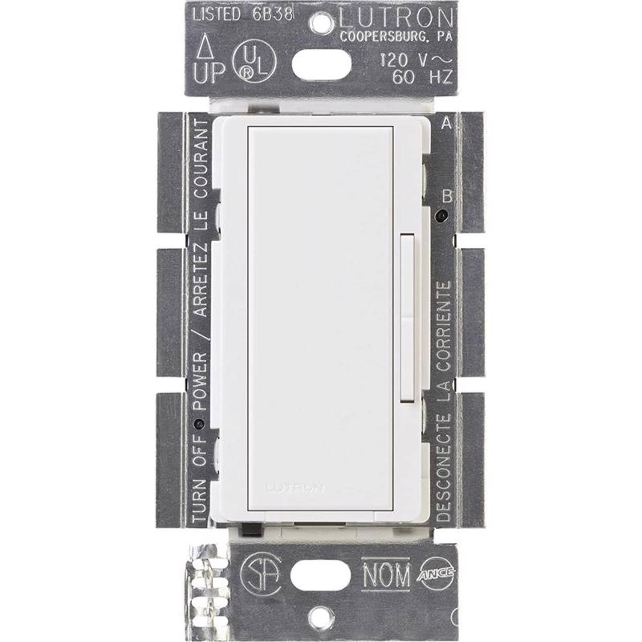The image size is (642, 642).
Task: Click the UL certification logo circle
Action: click(x=255, y=63)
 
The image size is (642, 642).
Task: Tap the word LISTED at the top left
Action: click(x=217, y=15)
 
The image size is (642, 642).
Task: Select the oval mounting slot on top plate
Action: click(x=321, y=65)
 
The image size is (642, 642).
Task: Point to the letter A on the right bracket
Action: click(x=446, y=123)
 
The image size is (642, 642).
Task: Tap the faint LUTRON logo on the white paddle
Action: click(x=295, y=487)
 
